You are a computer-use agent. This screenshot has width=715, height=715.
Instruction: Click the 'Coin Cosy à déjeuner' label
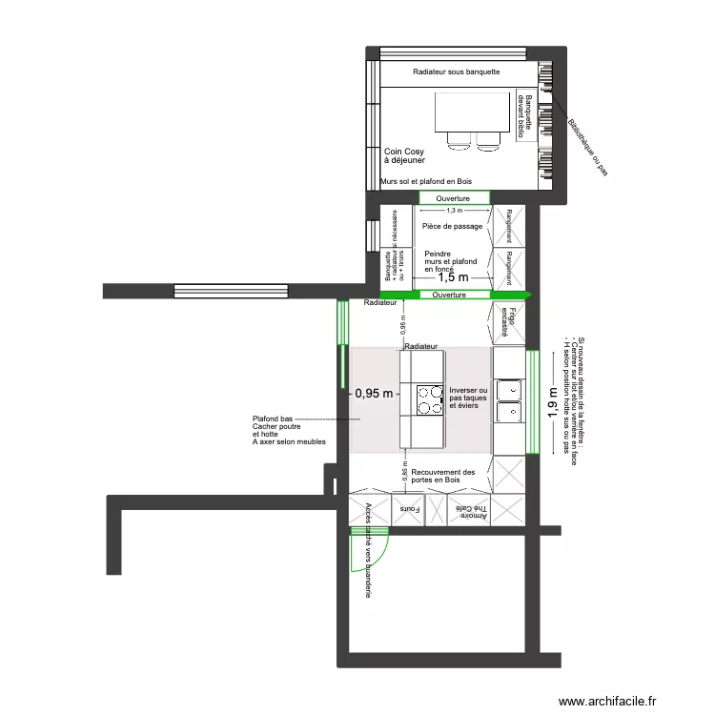coord(404,156)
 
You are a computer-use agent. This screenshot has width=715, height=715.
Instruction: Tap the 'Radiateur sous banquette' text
coord(456,72)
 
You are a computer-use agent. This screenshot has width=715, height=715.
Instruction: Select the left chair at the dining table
coord(460,141)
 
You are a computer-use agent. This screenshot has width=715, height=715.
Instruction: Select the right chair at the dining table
coord(488,141)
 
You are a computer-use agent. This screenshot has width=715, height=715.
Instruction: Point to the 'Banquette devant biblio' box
coord(522,117)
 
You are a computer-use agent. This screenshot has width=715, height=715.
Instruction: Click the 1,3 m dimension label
coord(454,211)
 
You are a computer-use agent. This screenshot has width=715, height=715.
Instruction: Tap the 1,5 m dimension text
coord(454,277)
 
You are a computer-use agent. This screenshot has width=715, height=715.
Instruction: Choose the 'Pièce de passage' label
coord(452,227)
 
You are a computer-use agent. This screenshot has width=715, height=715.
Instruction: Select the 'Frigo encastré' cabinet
coord(509,321)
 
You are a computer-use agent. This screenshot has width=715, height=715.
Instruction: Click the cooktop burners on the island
coord(428,399)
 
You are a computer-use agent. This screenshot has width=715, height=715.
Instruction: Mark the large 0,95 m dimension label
coord(373,393)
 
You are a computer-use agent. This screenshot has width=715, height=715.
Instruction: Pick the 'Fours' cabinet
coord(409,509)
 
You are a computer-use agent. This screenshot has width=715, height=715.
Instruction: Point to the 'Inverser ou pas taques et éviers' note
coord(468,398)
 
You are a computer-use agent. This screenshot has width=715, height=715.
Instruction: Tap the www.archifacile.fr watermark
coord(607,702)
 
